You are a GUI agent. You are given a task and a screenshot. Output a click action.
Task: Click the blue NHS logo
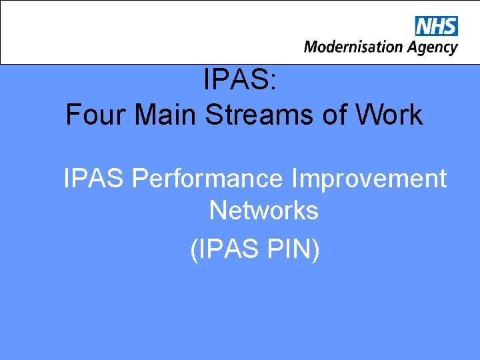(437, 26)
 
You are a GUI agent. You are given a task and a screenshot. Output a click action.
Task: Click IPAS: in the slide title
(245, 81)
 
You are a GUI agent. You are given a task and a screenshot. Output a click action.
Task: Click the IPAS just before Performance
(94, 179)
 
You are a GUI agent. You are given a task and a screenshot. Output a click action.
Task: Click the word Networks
(264, 211)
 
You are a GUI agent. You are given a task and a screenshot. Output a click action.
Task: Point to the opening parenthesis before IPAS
(194, 250)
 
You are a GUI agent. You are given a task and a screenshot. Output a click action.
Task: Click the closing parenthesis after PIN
(316, 250)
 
